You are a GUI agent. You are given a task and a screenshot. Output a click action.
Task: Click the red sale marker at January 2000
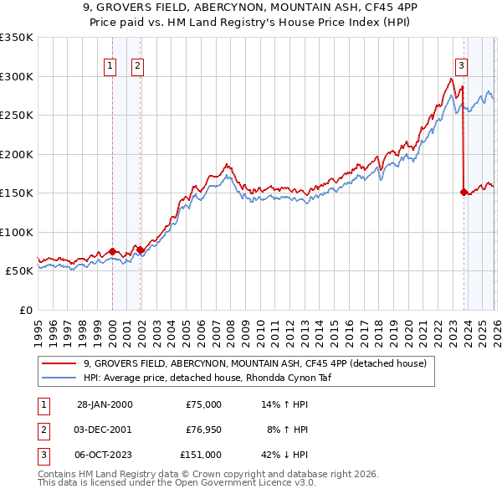point(112,251)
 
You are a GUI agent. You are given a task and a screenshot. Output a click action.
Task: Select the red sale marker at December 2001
point(140,250)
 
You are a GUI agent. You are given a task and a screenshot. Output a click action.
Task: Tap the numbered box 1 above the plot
point(110,67)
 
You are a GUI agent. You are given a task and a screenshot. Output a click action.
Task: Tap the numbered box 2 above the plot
point(137,67)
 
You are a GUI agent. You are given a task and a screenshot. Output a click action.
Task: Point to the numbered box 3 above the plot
point(461,67)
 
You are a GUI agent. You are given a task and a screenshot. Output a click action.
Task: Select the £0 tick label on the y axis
point(25,310)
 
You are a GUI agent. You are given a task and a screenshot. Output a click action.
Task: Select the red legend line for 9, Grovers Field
point(60,363)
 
